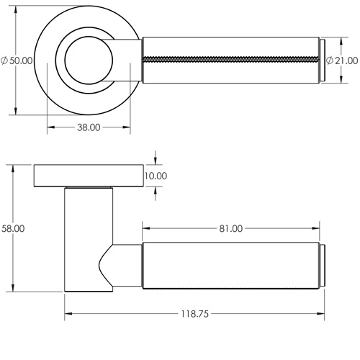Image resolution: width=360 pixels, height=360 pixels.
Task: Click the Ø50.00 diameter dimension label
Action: [x=17, y=60]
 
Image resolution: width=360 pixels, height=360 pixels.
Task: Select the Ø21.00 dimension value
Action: [x=343, y=60]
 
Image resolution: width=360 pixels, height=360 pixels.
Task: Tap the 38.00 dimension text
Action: [x=88, y=127]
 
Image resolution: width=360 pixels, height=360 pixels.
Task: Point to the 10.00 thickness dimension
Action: [x=156, y=176]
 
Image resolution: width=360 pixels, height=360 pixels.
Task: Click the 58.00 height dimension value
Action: [x=13, y=228]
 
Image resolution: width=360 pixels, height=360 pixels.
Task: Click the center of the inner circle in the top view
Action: [x=88, y=60]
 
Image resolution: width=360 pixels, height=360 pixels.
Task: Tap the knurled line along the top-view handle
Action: [x=230, y=57]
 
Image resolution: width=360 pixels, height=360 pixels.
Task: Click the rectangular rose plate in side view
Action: [x=87, y=176]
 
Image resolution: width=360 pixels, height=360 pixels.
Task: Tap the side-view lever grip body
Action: [x=230, y=267]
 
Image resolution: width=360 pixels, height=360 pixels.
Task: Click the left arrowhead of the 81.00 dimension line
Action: [x=145, y=228]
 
